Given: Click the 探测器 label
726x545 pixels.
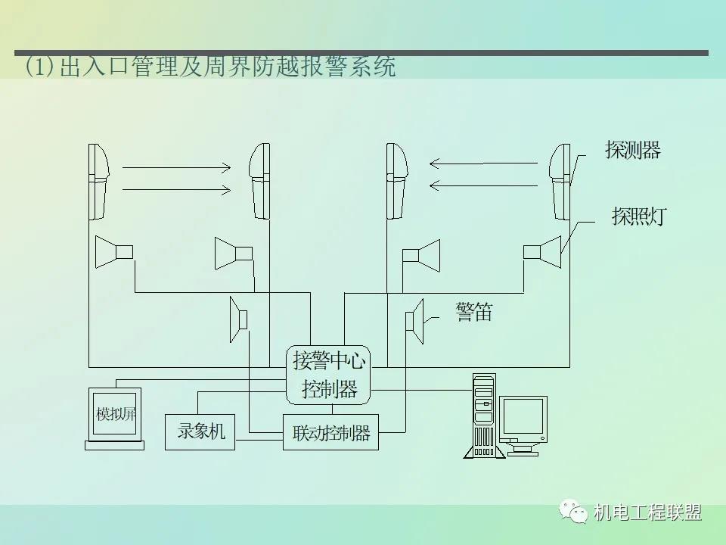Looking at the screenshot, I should tap(632, 150).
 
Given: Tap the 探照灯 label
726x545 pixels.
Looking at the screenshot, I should tap(638, 217).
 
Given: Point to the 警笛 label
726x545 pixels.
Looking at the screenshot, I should tap(474, 312).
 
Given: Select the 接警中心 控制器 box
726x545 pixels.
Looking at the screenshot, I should tap(329, 375).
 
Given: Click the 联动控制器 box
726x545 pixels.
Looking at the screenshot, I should tap(331, 433).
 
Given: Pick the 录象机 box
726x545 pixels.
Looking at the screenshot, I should tap(200, 431).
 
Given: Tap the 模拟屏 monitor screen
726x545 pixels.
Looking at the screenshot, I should tap(115, 414).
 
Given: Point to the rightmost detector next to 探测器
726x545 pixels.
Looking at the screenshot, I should tap(560, 181).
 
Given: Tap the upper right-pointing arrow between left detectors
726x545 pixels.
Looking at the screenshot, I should tap(176, 167).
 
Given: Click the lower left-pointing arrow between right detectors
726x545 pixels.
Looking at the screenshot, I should tap(485, 184).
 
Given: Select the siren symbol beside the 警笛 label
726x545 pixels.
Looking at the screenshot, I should tap(414, 321).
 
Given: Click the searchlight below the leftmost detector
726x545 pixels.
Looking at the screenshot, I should tap(114, 251).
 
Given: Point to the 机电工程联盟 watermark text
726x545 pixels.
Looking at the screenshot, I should tap(648, 512).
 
